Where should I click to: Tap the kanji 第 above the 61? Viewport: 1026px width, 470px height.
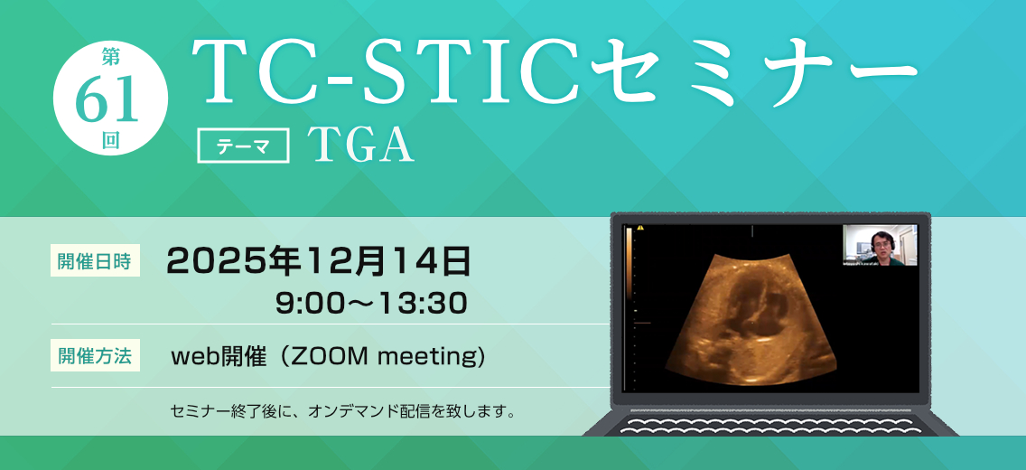pyautogui.click(x=110, y=58)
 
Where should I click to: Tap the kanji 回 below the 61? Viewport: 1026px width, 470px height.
pyautogui.click(x=110, y=142)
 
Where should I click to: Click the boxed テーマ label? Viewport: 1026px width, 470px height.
pyautogui.click(x=244, y=146)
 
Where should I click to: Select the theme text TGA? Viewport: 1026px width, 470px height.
pyautogui.click(x=362, y=146)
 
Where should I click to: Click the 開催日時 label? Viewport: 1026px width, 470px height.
pyautogui.click(x=95, y=261)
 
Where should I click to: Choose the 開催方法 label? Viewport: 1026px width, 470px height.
pyautogui.click(x=95, y=356)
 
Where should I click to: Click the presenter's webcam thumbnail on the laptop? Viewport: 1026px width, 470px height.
pyautogui.click(x=880, y=245)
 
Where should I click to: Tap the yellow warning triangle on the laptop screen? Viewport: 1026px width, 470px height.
pyautogui.click(x=640, y=229)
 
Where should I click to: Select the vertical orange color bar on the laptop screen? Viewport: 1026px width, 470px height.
pyautogui.click(x=629, y=262)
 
